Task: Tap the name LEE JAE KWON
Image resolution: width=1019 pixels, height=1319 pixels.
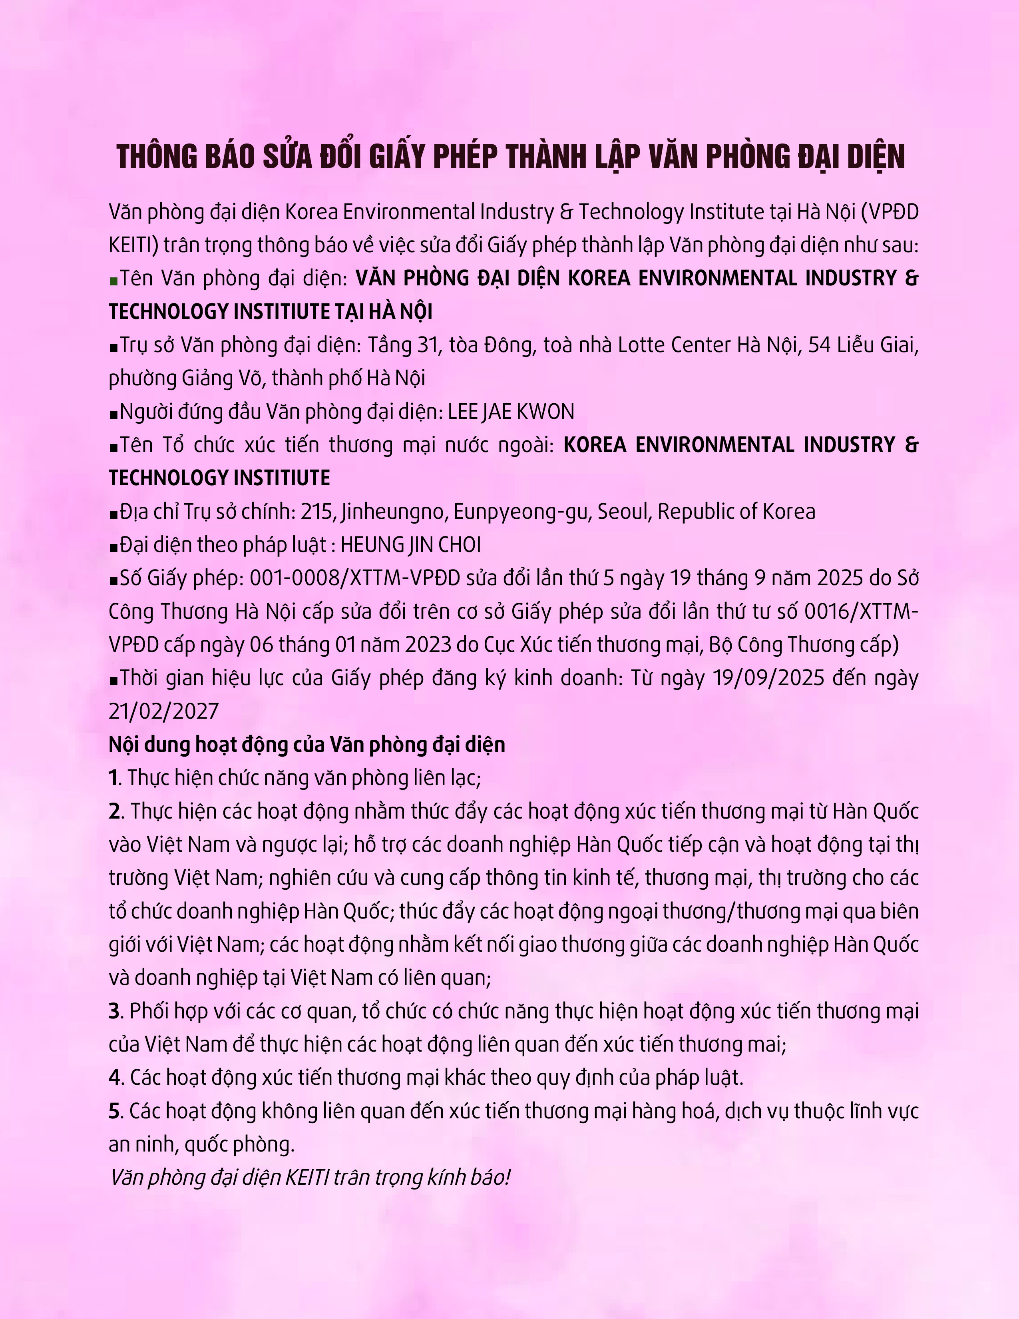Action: click(511, 412)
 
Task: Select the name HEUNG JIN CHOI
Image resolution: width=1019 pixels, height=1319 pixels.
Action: click(410, 545)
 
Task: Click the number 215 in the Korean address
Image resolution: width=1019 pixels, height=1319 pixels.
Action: click(317, 512)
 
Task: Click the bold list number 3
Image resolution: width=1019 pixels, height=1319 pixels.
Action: click(115, 1012)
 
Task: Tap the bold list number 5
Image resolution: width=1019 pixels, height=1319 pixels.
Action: click(115, 1111)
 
